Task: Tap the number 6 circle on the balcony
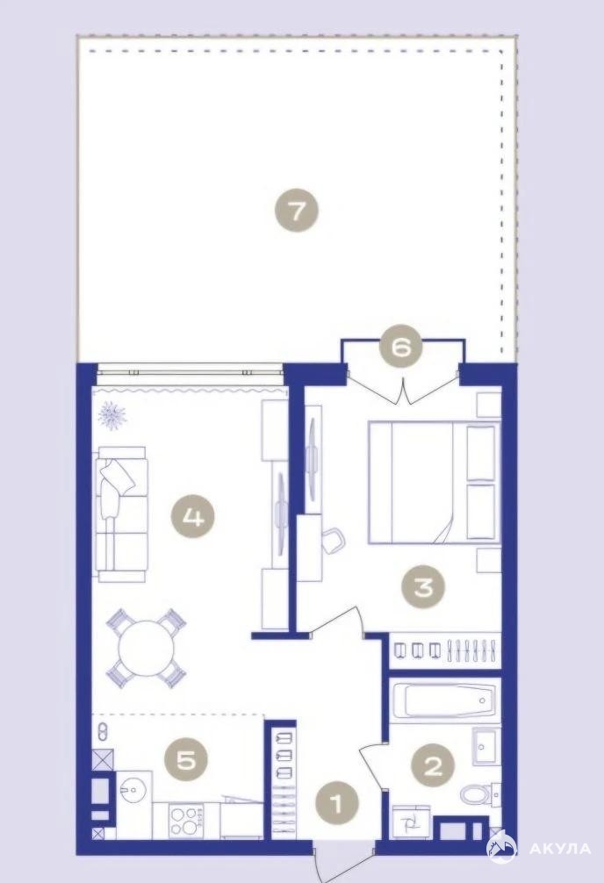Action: pos(401,348)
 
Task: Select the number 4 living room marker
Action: pos(194,517)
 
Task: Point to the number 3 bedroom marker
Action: pos(422,587)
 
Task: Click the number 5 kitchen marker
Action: pos(186,761)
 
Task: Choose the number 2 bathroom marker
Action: pos(433,765)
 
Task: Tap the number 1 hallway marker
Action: pos(337,803)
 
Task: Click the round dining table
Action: pos(146,648)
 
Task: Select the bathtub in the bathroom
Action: pos(444,700)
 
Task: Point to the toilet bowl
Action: pos(475,796)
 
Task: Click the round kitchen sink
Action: pos(133,792)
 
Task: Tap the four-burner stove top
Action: pos(186,820)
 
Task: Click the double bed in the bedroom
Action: pos(434,482)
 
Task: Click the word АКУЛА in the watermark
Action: pos(560,849)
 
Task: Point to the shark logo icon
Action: pos(501,848)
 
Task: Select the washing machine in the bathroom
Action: pos(412,821)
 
